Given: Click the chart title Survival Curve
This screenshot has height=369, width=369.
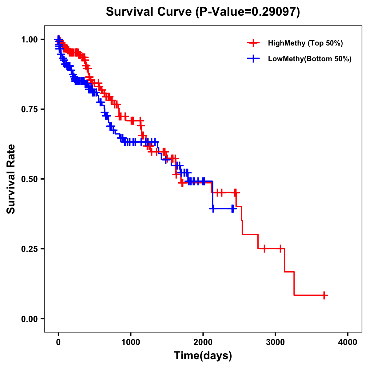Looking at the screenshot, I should [x=149, y=12].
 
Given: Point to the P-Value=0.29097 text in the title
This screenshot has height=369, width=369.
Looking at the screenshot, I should [x=248, y=12].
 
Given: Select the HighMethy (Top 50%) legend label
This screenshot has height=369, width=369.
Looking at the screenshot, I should [x=305, y=43].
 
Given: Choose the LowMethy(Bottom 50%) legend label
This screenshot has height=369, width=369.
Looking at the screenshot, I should [x=310, y=59].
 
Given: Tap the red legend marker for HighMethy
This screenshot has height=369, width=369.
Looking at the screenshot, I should [x=253, y=43].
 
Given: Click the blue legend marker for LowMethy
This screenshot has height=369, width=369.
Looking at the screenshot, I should [x=253, y=59].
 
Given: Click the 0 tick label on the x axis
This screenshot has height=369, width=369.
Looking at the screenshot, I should [x=58, y=342].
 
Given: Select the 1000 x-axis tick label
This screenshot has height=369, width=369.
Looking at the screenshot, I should [x=131, y=342].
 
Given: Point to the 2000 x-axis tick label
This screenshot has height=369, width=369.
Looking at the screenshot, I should [x=203, y=342].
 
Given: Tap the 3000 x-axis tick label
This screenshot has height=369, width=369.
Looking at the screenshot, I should [x=276, y=342].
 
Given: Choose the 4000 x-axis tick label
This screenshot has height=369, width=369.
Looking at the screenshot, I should [x=348, y=342].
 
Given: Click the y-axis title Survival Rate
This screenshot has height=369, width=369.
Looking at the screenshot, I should [x=11, y=179].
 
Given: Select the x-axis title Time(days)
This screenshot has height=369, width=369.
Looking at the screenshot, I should [x=203, y=356].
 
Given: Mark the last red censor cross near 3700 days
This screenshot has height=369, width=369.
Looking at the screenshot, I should [x=324, y=295].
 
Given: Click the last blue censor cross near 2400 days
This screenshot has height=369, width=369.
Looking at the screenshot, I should [x=233, y=208].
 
